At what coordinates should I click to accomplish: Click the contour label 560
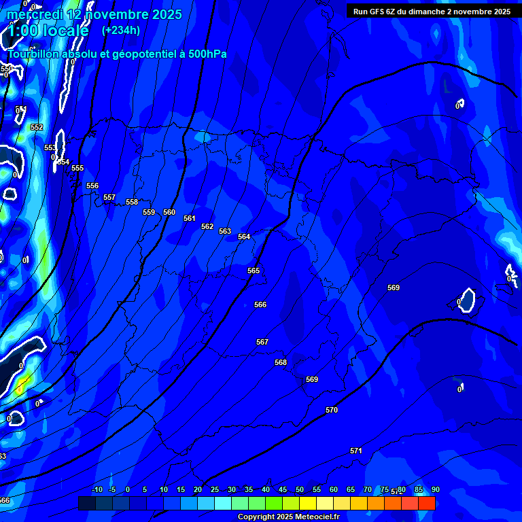(x=169, y=212)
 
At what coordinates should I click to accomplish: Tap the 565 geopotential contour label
(x=254, y=271)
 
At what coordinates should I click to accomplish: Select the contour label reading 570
(x=332, y=410)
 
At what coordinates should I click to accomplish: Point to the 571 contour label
(x=355, y=451)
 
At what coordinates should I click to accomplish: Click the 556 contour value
(x=92, y=186)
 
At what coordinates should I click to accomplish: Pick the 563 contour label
(x=225, y=231)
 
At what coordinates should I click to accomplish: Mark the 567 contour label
(x=262, y=342)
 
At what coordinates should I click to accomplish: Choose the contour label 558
(x=132, y=202)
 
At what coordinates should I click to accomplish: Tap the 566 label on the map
(x=260, y=304)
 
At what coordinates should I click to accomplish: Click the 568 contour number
(x=281, y=362)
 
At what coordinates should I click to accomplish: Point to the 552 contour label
(x=37, y=127)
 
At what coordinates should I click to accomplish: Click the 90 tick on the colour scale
(x=435, y=489)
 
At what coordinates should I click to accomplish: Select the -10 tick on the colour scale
(x=97, y=489)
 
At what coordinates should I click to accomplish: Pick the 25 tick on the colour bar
(x=215, y=489)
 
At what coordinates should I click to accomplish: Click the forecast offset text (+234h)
(x=121, y=30)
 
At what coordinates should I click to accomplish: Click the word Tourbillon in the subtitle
(x=33, y=54)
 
